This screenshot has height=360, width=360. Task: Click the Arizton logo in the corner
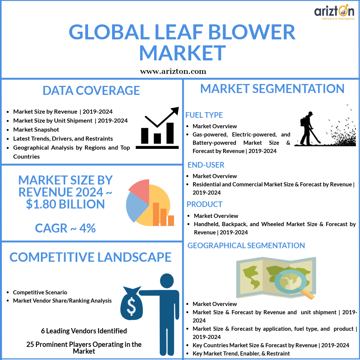click(x=334, y=12)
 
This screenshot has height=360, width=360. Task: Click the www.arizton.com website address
click(x=173, y=71)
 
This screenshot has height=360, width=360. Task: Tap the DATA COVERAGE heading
click(x=91, y=90)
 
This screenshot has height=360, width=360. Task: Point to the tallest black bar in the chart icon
click(x=170, y=133)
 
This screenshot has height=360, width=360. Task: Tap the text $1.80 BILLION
click(x=65, y=204)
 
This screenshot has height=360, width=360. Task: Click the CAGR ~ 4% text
click(x=65, y=228)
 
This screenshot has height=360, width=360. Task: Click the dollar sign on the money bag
click(x=131, y=306)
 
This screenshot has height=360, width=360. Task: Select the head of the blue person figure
click(x=167, y=280)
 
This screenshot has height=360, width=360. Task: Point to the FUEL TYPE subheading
click(x=204, y=115)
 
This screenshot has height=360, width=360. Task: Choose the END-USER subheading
click(x=206, y=165)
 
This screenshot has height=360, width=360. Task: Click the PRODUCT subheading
click(x=204, y=204)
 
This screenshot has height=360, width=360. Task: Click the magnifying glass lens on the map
click(x=290, y=281)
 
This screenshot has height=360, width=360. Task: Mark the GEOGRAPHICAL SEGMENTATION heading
click(x=246, y=245)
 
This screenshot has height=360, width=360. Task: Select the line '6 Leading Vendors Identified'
click(x=84, y=331)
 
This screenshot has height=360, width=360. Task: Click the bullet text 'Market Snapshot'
click(x=36, y=129)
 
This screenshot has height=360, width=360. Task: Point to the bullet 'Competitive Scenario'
click(x=40, y=292)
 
